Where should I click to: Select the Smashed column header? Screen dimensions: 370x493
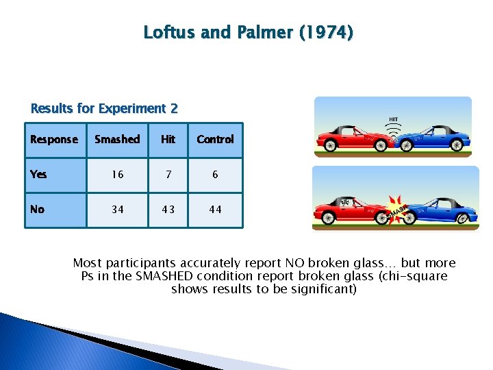[117, 139]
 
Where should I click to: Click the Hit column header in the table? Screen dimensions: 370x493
[168, 139]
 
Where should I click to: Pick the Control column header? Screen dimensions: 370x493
[215, 139]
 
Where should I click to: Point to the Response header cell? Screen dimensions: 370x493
[54, 139]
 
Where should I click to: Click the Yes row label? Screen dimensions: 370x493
[39, 174]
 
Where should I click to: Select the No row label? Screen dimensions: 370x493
[38, 209]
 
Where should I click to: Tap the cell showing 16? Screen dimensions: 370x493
[118, 175]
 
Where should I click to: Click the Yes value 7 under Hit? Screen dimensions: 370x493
[168, 175]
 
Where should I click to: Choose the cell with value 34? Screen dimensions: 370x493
[118, 210]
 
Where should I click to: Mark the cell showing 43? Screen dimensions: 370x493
[168, 210]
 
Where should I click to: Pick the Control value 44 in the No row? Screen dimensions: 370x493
[215, 210]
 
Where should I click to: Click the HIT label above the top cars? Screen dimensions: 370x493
[393, 119]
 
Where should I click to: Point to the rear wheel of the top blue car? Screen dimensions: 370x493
[457, 145]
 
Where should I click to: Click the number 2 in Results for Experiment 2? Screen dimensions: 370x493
[174, 108]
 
